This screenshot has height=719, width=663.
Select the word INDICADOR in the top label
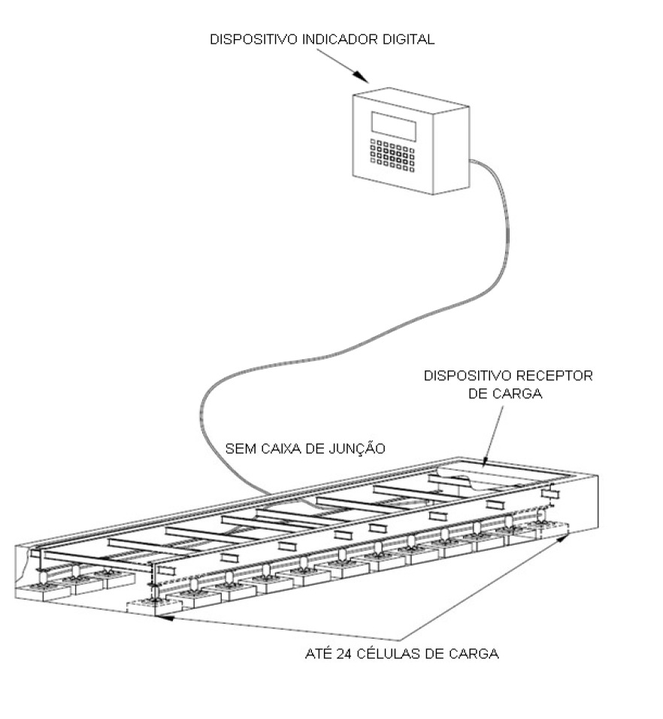[340, 39]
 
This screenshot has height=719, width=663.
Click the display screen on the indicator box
[394, 125]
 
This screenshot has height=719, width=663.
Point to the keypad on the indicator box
[392, 156]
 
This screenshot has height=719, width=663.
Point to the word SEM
[241, 448]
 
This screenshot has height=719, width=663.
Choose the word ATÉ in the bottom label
[319, 653]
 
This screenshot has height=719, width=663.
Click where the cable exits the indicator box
[471, 161]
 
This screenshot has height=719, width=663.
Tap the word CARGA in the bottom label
[474, 653]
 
